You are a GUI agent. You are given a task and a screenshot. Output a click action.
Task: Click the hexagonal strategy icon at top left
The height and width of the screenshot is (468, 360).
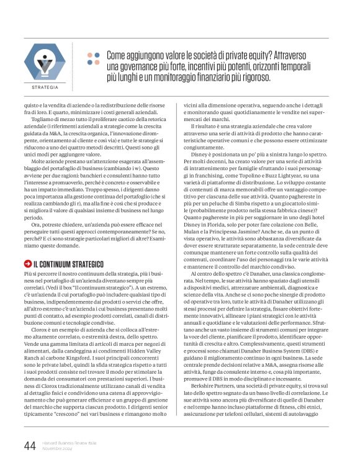click(x=45, y=64)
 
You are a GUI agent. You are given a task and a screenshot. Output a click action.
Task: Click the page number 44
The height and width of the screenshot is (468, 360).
click(x=29, y=445)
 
